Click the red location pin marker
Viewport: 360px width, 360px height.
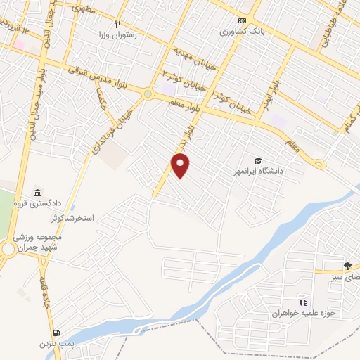(x=181, y=166)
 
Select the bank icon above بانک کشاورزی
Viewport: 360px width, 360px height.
(x=242, y=20)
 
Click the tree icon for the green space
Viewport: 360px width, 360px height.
(x=348, y=266)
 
